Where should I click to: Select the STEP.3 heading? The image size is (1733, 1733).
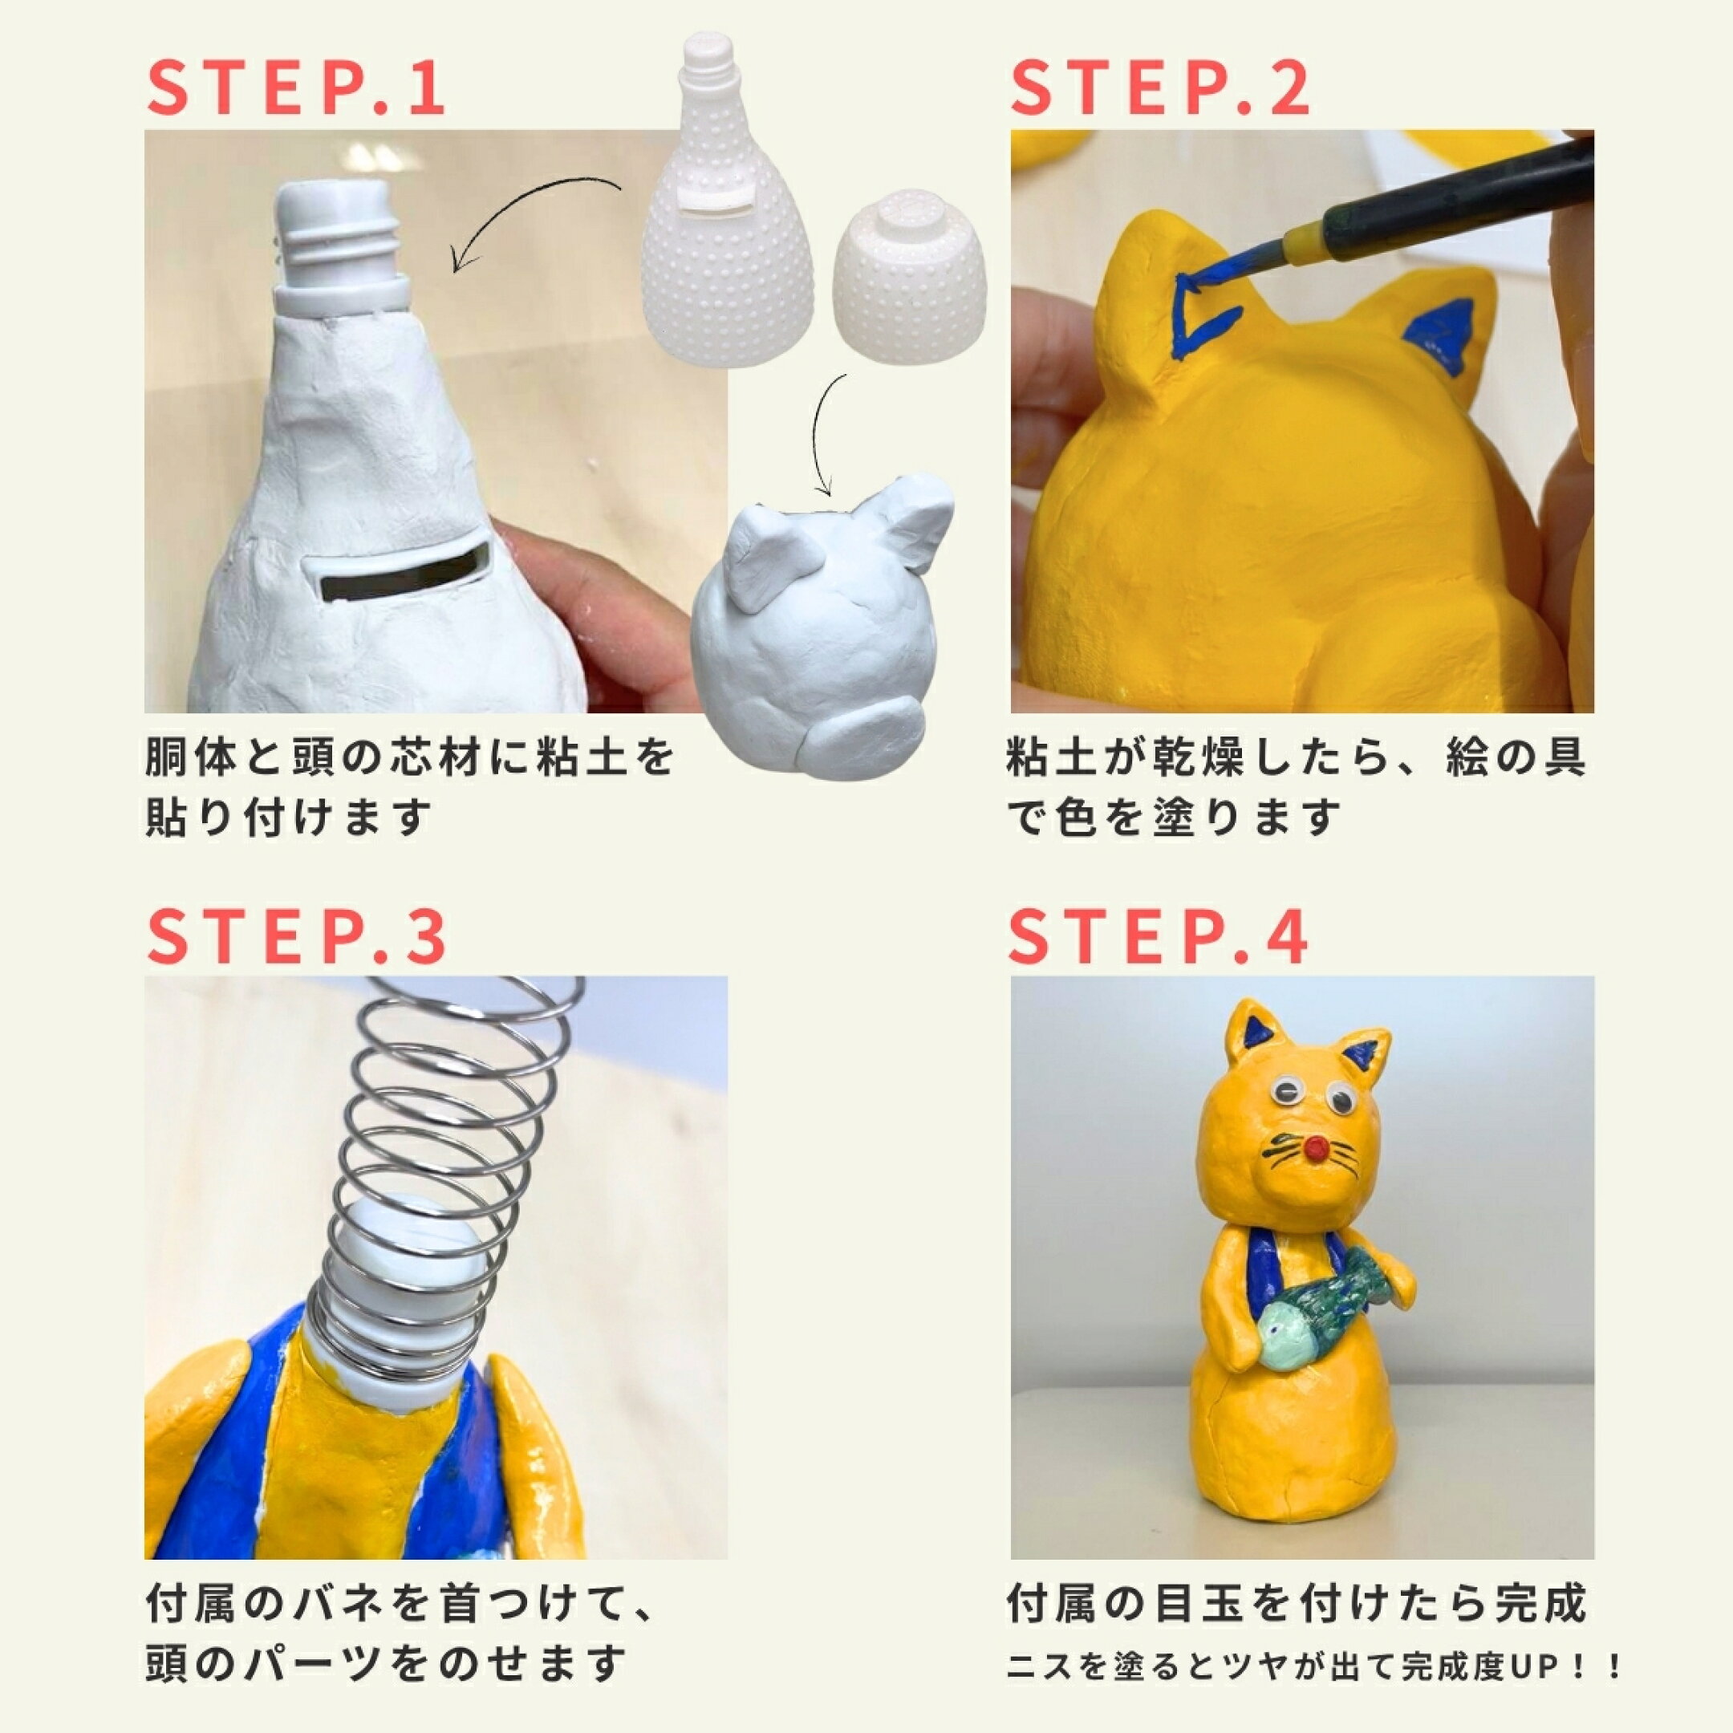pyautogui.click(x=296, y=935)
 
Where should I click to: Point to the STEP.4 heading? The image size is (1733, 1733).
pyautogui.click(x=1158, y=935)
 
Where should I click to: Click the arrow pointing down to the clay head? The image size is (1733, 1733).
pyautogui.click(x=821, y=432)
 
